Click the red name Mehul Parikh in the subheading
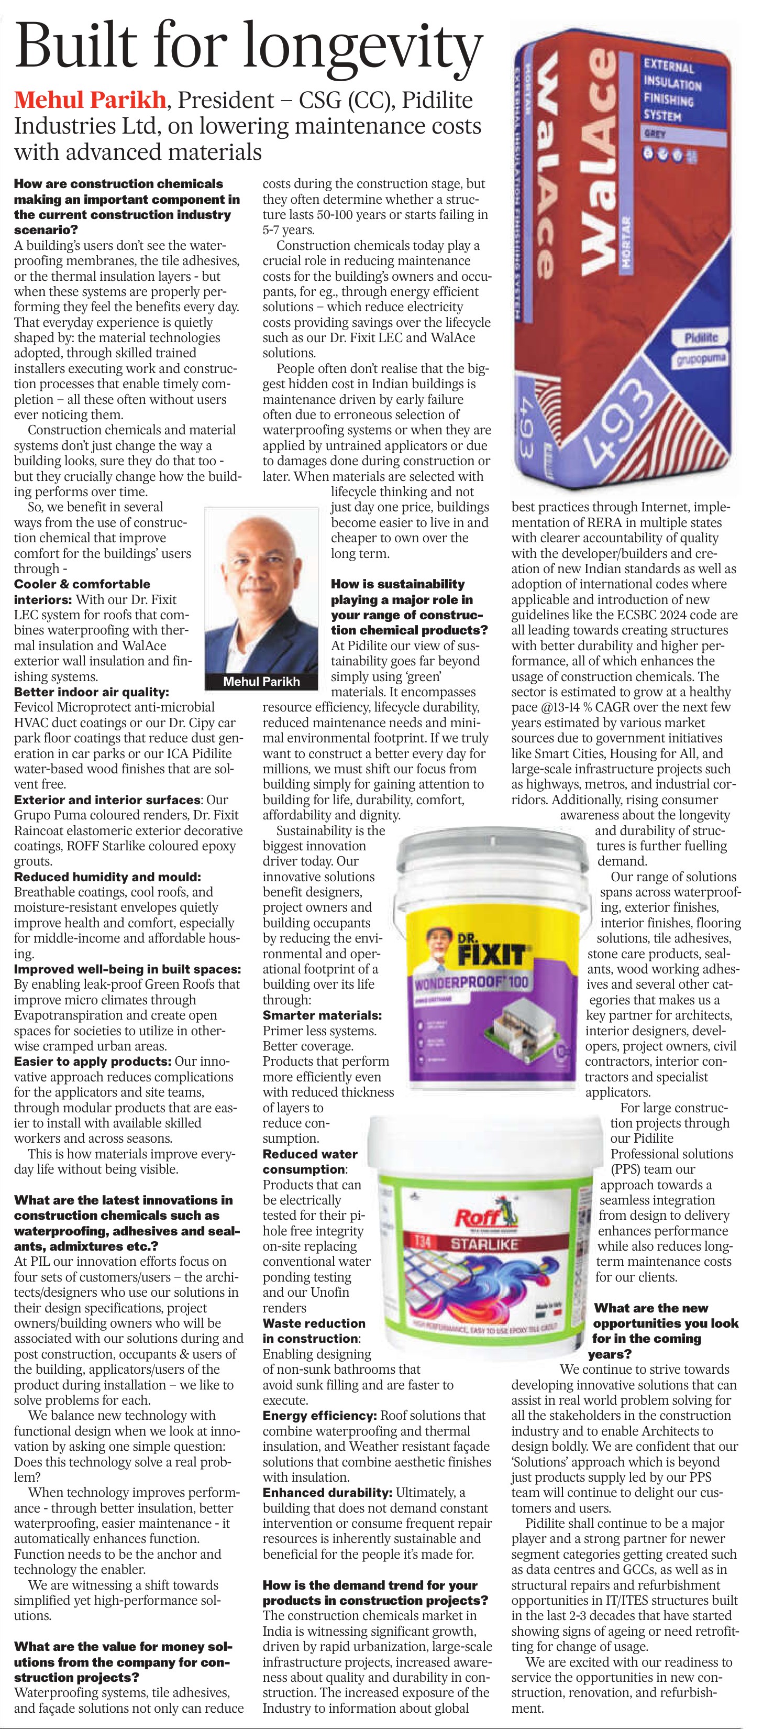pyautogui.click(x=90, y=100)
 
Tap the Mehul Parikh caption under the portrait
pyautogui.click(x=261, y=681)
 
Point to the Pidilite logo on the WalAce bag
pyautogui.click(x=701, y=337)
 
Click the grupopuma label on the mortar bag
pyautogui.click(x=698, y=358)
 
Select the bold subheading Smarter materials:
pyautogui.click(x=322, y=1015)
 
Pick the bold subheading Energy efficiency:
pyautogui.click(x=319, y=1416)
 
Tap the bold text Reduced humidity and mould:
pyautogui.click(x=107, y=877)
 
